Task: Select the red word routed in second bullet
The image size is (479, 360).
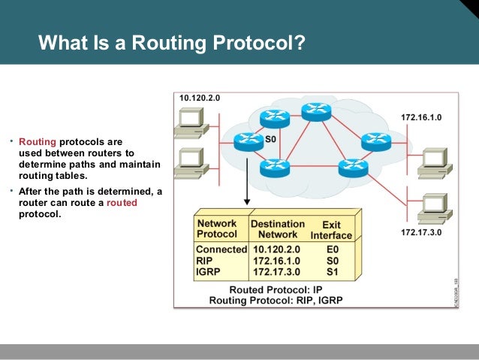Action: pyautogui.click(x=122, y=203)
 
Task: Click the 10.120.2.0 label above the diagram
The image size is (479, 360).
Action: pyautogui.click(x=199, y=98)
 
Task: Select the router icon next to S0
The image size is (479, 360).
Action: pyautogui.click(x=248, y=140)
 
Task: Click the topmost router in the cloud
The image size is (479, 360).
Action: pyautogui.click(x=316, y=111)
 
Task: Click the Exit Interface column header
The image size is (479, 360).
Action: pyautogui.click(x=330, y=229)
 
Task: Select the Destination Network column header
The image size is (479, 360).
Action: pyautogui.click(x=277, y=228)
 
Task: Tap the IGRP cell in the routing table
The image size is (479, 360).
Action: pyautogui.click(x=207, y=271)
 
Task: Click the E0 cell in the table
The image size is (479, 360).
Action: pyautogui.click(x=332, y=249)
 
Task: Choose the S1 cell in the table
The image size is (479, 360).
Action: pyautogui.click(x=332, y=271)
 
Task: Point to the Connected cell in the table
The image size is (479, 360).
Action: pyautogui.click(x=221, y=249)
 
